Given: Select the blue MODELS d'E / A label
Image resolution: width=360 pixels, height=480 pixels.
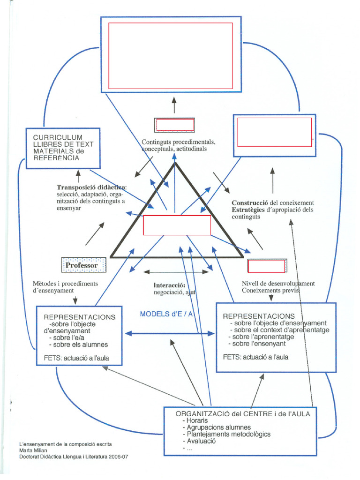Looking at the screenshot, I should point(166,314).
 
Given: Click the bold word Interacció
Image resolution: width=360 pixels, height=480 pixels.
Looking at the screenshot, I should point(169,285).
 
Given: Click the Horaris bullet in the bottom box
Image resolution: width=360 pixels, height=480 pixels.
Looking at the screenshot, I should point(197,420).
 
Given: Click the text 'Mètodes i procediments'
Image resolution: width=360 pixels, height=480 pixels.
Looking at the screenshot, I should point(65,284).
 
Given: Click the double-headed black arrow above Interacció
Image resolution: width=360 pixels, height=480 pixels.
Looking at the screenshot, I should point(176,271).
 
